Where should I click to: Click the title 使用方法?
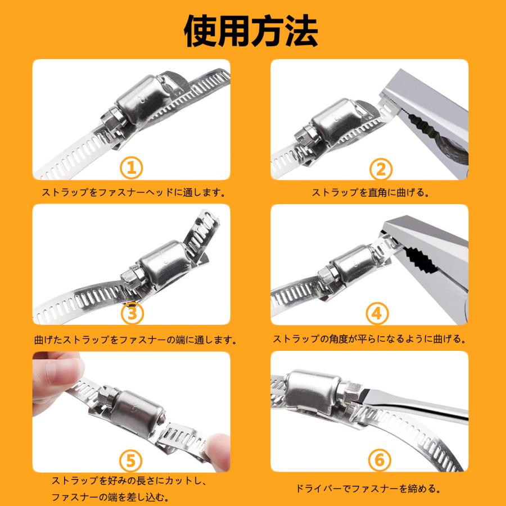[251, 30]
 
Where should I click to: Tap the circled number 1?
[132, 167]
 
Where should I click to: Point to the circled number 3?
[132, 313]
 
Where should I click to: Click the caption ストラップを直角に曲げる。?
[371, 192]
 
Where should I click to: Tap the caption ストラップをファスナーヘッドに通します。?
[134, 192]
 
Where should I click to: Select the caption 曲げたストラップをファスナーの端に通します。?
[135, 340]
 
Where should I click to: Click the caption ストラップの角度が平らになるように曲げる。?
[370, 339]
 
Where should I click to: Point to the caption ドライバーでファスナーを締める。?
[368, 488]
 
